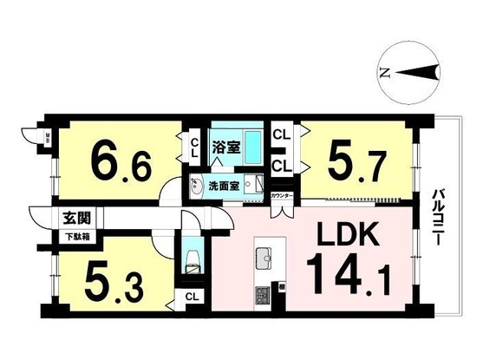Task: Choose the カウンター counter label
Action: click(x=284, y=197)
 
